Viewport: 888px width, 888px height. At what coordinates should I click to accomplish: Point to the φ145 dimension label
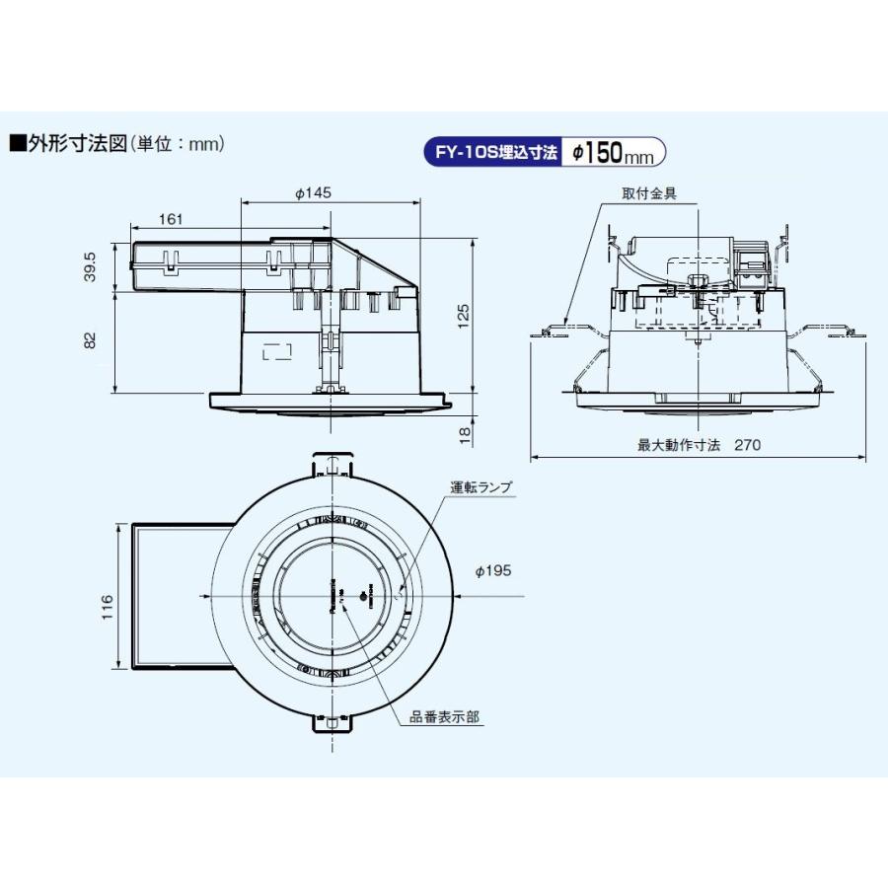tap(313, 193)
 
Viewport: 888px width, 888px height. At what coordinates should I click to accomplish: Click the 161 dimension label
tap(171, 219)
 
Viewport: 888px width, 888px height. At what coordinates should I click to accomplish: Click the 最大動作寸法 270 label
tap(699, 445)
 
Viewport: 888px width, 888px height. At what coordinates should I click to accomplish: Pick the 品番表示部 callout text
tap(445, 717)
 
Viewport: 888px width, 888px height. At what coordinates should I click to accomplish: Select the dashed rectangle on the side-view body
tap(278, 351)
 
